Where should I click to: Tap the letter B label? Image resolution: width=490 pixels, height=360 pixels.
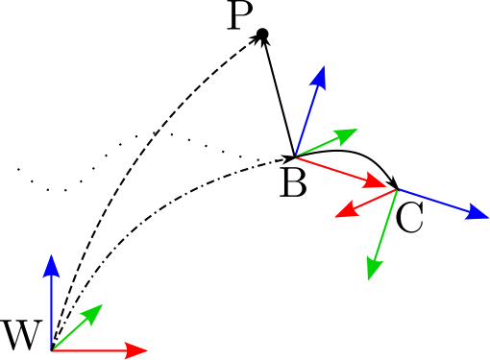pos(293,182)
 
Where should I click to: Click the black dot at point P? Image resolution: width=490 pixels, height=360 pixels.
pos(261,36)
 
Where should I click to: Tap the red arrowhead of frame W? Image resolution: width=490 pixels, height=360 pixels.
pos(137,349)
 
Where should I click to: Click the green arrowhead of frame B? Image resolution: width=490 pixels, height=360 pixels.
pos(349,131)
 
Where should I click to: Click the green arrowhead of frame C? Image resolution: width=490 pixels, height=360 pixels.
pos(371,271)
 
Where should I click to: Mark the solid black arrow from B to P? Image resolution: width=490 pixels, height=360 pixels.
pos(278,96)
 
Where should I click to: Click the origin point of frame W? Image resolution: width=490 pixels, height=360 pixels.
pos(51,349)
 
